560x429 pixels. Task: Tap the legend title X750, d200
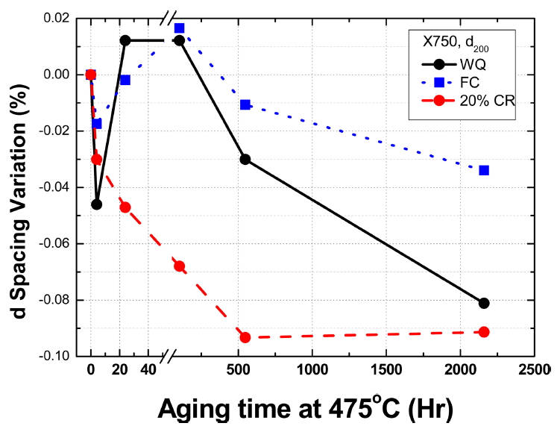465,46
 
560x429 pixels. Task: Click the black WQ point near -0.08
484,303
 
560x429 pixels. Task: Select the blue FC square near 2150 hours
484,170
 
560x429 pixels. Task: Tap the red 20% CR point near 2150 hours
484,332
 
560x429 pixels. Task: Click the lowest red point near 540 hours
245,337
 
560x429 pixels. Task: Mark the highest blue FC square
180,28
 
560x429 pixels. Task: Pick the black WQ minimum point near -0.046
96,204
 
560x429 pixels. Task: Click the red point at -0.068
179,266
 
